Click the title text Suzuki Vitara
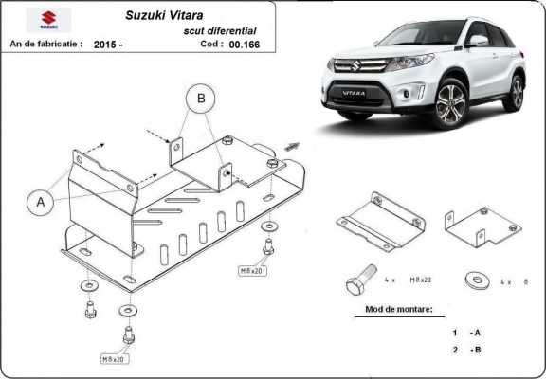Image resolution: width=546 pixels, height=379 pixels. pos(162,16)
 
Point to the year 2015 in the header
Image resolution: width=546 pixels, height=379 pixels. pos(107,44)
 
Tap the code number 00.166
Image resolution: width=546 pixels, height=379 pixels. pos(244,44)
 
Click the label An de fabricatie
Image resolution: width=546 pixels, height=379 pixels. pos(45,44)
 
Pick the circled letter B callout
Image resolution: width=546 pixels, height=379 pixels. pos(200,97)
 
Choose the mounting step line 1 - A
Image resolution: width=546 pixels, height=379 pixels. pos(467,333)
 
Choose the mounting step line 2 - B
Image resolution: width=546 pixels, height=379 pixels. pos(467,351)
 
